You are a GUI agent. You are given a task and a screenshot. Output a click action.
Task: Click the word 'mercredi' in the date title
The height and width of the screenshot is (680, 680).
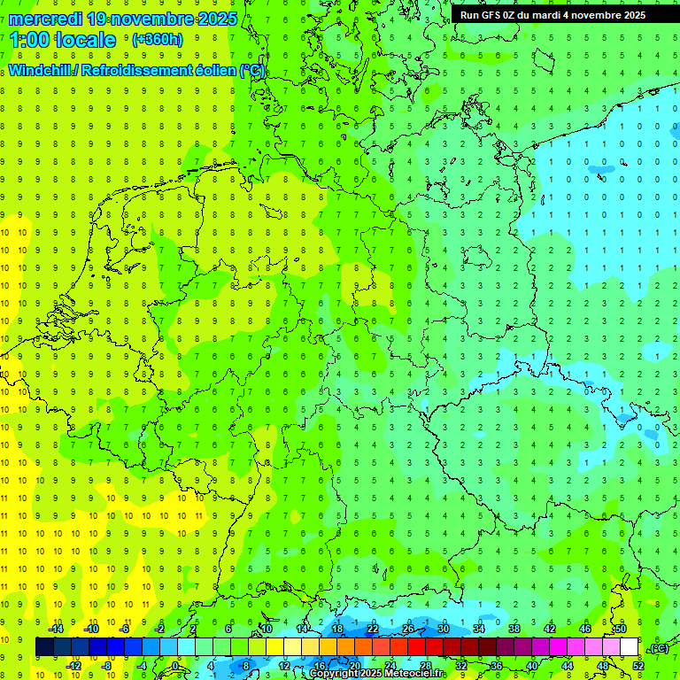tap(45, 18)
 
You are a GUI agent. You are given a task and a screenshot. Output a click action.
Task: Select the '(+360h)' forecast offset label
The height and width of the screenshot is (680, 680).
tap(157, 39)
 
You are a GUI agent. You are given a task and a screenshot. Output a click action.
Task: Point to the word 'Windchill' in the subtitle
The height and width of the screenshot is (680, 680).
tap(41, 70)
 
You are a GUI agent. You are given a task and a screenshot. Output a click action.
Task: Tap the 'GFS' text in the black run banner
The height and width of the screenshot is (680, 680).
tap(492, 15)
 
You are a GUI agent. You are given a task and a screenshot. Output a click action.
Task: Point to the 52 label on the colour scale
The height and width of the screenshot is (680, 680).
tap(638, 666)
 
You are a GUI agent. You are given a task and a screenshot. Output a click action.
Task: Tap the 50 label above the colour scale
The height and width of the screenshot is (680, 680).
tap(621, 629)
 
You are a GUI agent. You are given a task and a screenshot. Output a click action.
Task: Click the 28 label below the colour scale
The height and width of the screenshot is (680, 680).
tap(425, 666)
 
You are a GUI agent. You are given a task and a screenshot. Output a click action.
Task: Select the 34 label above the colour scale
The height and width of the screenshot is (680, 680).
tap(479, 629)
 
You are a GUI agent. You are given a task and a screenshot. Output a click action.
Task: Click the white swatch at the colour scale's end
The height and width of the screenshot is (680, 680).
tap(630, 647)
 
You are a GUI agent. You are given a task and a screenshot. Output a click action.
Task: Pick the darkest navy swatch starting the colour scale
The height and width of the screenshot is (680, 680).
tap(44, 647)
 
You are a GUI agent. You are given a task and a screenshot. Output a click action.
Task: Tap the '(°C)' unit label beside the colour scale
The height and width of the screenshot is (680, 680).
tap(659, 648)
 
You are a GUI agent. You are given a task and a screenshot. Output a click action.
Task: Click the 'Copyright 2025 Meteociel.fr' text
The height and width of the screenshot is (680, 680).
tap(376, 674)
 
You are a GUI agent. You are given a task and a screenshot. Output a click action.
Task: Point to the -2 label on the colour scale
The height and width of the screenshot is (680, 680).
tap(160, 629)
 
